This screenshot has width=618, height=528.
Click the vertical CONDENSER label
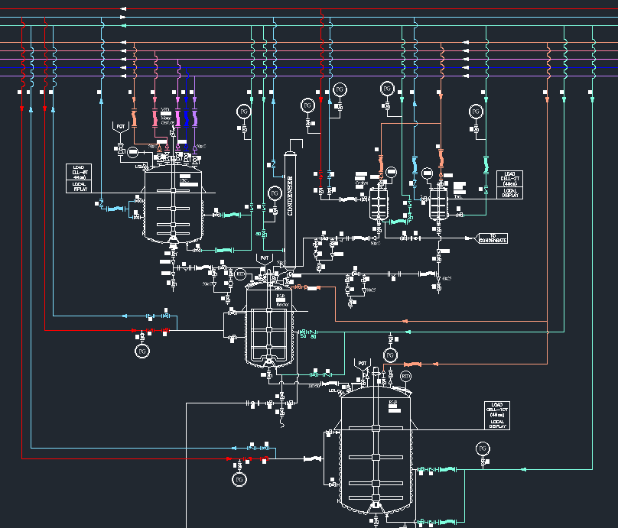click(x=291, y=196)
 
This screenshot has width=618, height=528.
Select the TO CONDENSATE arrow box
click(x=493, y=238)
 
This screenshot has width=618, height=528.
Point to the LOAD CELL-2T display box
click(x=510, y=184)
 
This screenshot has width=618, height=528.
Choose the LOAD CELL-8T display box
click(x=79, y=177)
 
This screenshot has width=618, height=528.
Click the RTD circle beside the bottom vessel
click(x=406, y=376)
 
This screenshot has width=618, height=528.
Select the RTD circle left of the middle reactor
click(x=240, y=274)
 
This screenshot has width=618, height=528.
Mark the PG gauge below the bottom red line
click(x=239, y=479)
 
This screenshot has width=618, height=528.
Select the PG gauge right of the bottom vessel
click(x=482, y=448)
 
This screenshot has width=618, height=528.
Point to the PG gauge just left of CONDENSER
click(x=275, y=192)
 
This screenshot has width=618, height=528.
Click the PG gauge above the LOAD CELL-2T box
click(x=475, y=112)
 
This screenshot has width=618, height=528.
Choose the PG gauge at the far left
click(x=141, y=351)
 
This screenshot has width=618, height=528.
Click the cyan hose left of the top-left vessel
click(x=115, y=208)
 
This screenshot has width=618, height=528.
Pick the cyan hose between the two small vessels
click(x=415, y=164)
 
